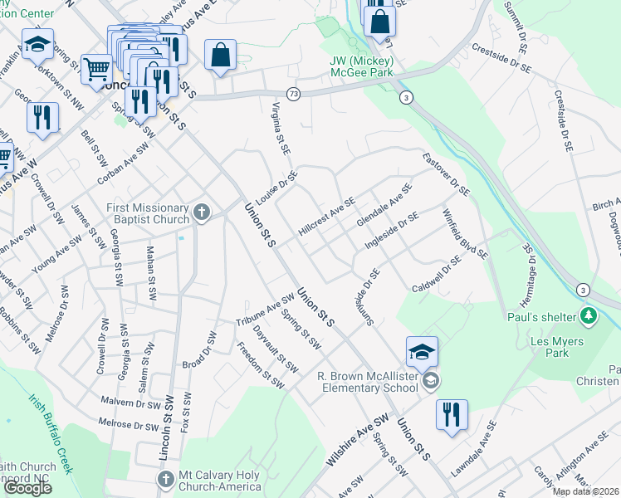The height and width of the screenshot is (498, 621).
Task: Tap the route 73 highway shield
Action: click(x=294, y=95)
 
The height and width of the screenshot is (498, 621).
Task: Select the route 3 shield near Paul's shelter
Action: click(x=584, y=290)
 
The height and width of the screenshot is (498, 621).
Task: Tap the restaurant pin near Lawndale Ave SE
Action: click(x=452, y=414)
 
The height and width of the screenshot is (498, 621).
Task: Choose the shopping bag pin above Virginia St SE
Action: click(x=221, y=55)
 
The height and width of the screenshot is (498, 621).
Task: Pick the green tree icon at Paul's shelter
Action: click(x=589, y=315)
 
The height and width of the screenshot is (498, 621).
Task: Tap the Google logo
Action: click(x=27, y=488)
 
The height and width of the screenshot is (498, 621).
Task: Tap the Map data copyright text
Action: click(x=585, y=491)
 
